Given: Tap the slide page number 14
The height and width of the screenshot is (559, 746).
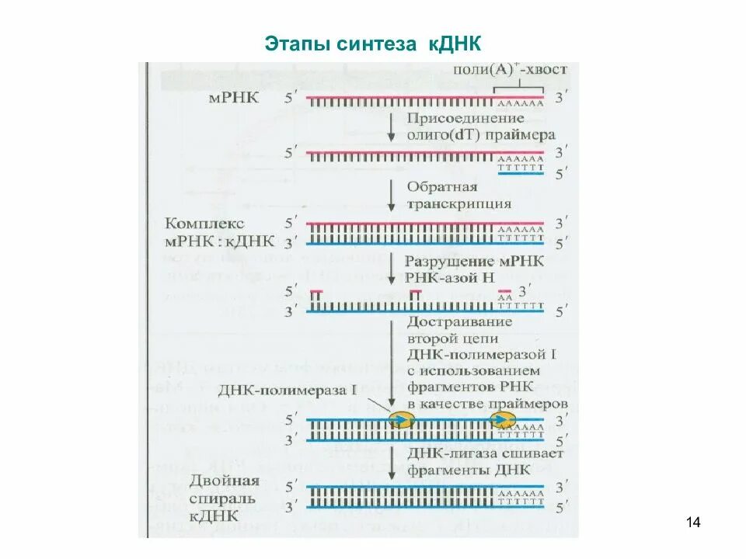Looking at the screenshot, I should (694, 522).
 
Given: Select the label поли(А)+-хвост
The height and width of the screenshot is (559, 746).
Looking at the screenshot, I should (511, 69).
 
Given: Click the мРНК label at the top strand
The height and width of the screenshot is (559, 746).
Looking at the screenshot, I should (232, 99).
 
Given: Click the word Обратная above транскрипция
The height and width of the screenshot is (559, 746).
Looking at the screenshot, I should (441, 188).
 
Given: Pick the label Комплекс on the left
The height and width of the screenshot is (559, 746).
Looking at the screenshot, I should (205, 223).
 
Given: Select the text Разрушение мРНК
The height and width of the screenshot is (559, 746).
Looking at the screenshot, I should (475, 261).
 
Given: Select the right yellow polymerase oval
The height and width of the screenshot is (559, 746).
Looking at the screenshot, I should (501, 420).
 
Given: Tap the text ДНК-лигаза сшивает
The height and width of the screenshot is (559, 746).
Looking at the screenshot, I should (475, 453).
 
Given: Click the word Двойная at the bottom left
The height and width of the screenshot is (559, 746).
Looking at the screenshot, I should (212, 479).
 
